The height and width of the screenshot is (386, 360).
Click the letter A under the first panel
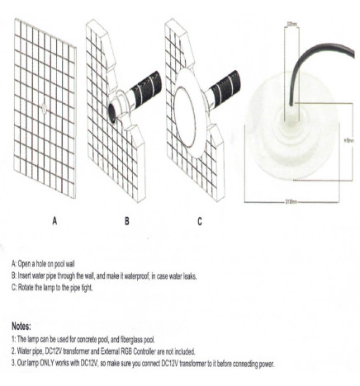54,221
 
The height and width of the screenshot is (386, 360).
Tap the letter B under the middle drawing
126,221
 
